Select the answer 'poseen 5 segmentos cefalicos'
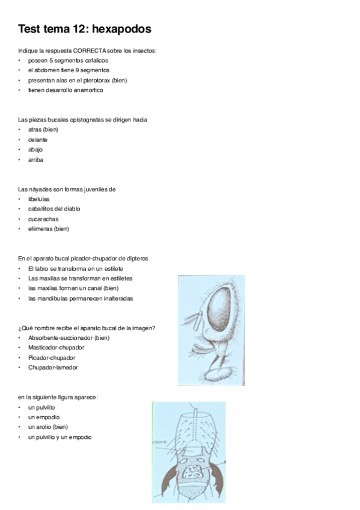pos(68,60)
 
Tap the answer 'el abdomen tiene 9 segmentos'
pos(69,70)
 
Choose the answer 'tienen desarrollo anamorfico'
pos(66,90)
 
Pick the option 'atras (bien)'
pos(43,129)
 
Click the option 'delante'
pos(38,140)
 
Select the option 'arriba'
pos(35,159)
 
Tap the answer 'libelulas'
pos(39,199)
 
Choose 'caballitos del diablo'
pos(54,209)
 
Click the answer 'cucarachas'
pos(43,219)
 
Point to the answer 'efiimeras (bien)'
pos(49,229)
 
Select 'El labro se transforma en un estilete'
pos(75,268)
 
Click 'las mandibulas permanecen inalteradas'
pos(81,298)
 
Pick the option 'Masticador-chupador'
pos(56,348)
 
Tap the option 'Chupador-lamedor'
pos(53,367)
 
